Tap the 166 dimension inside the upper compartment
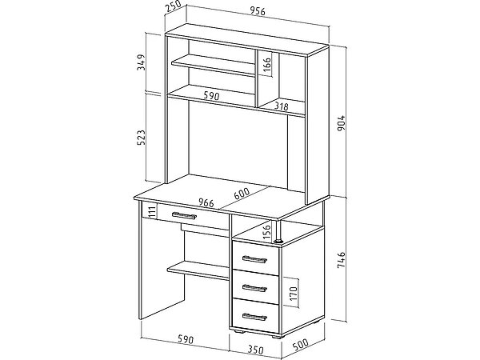coord(267,63)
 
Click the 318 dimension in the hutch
coord(281,105)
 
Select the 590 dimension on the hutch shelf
coord(210,96)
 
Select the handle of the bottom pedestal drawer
coord(254,314)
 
